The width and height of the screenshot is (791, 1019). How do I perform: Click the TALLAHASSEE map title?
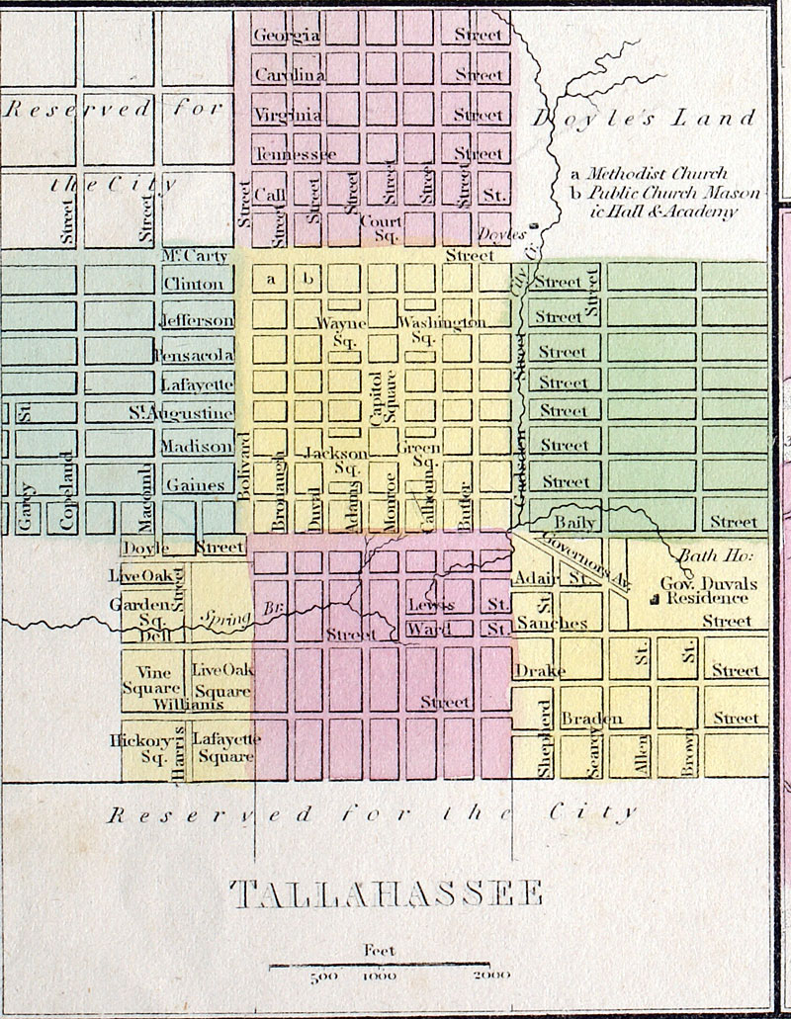(x=387, y=894)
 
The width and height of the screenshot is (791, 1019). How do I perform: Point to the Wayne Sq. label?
(x=341, y=331)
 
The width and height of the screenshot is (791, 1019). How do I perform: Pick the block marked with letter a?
(x=270, y=280)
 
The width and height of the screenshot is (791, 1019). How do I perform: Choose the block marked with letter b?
(x=308, y=280)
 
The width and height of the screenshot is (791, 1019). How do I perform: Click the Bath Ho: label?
(x=702, y=555)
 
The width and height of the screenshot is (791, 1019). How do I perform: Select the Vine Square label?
(x=153, y=680)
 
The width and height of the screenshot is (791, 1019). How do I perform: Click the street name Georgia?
(x=286, y=36)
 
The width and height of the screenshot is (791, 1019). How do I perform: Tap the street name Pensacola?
(x=194, y=355)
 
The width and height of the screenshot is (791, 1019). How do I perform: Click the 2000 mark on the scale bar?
(x=491, y=976)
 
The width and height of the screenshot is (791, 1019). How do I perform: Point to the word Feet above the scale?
(x=380, y=951)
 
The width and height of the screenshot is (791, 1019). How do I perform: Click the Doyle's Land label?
(x=645, y=119)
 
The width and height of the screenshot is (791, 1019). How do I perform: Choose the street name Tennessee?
(x=295, y=154)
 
